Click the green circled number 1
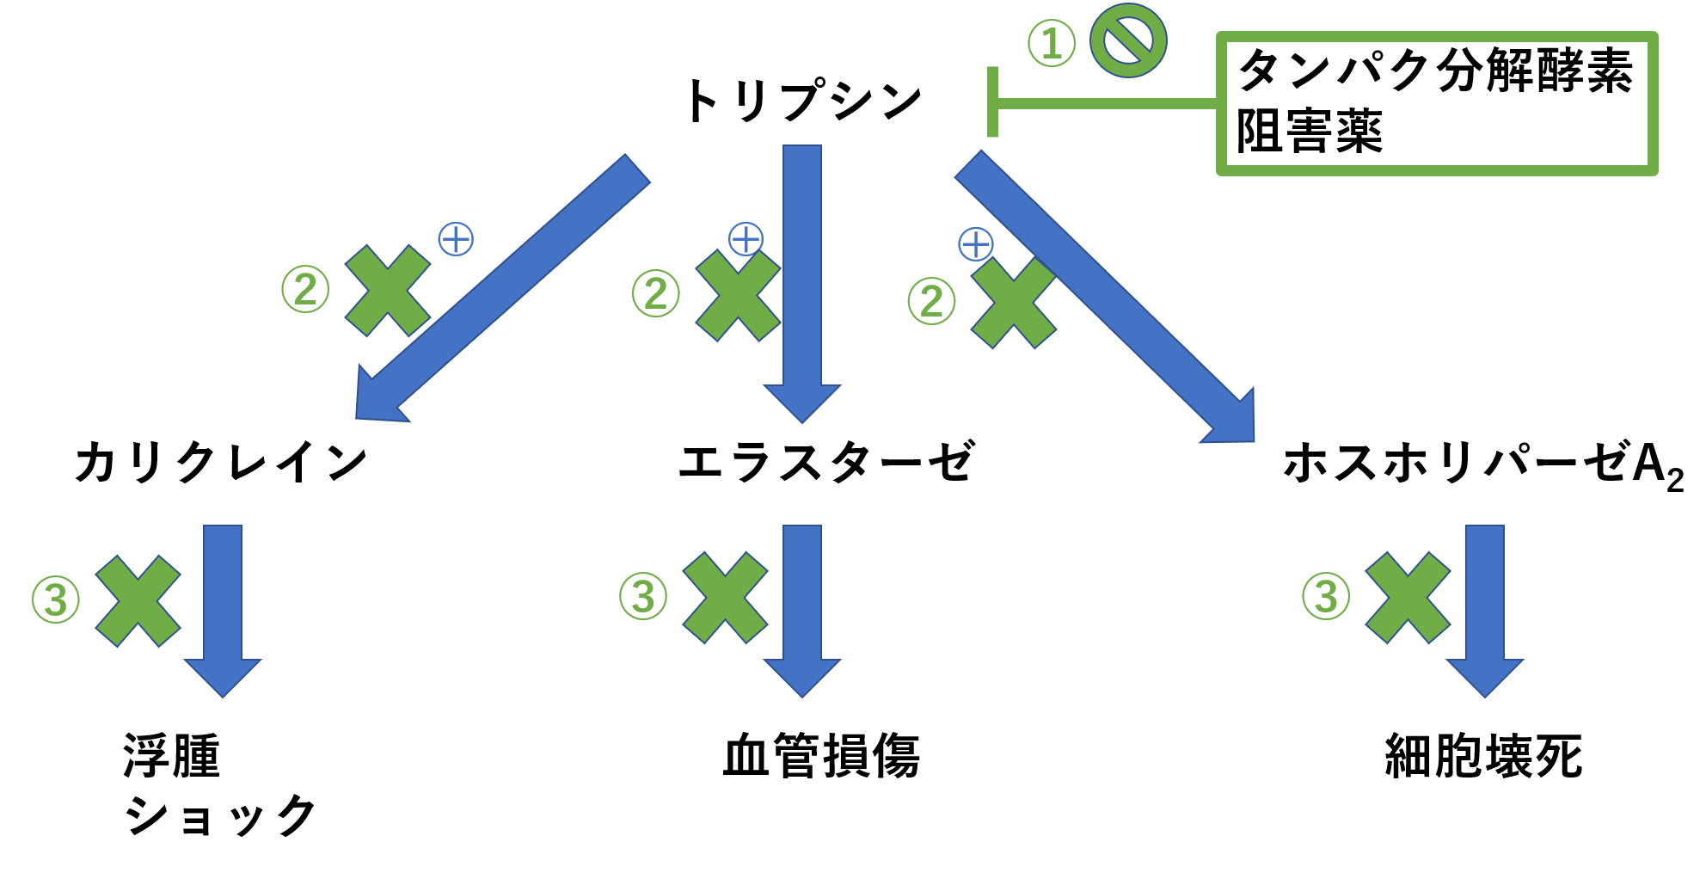(x=1051, y=43)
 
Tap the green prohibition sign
(x=1127, y=40)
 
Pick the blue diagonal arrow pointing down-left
(x=503, y=288)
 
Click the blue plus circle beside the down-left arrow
(x=456, y=239)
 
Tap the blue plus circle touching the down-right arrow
(x=975, y=245)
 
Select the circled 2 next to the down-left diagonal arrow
(x=305, y=289)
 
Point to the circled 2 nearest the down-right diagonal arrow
(x=931, y=301)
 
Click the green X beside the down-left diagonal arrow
(x=388, y=291)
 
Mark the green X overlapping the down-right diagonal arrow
(x=1014, y=303)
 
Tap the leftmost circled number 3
(x=56, y=599)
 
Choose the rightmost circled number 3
(x=1326, y=596)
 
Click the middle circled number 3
(x=643, y=596)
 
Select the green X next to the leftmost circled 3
(x=138, y=600)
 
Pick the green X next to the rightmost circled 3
(x=1408, y=598)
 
